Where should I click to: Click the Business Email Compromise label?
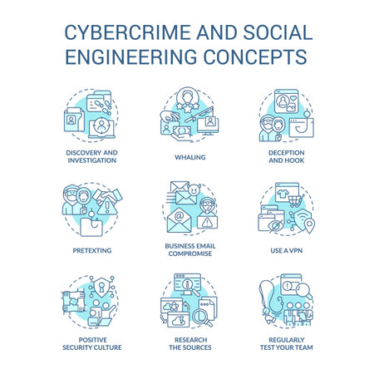pos(186,252)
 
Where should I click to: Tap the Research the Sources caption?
pos(186,342)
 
